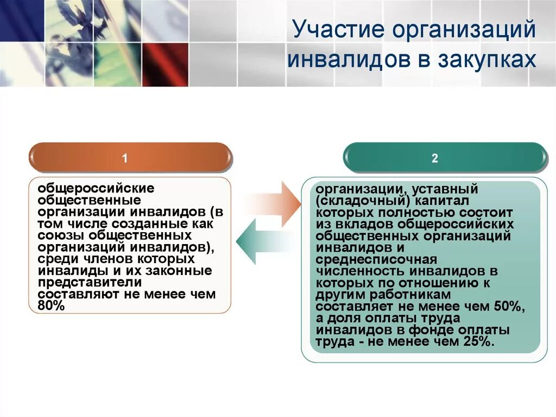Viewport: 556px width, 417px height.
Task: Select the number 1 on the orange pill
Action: click(124, 158)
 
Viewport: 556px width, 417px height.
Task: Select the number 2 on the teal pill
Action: click(435, 158)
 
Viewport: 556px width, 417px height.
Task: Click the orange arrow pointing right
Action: click(274, 204)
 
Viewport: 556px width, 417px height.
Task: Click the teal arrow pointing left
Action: click(264, 241)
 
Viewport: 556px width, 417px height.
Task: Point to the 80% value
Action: click(51, 306)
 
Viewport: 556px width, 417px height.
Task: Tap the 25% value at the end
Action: click(478, 341)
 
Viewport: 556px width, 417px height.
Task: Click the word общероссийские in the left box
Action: click(96, 188)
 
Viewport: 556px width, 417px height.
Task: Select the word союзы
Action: click(61, 235)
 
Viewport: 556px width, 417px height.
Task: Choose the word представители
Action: click(90, 283)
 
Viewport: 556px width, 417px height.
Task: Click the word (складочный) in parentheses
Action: click(362, 201)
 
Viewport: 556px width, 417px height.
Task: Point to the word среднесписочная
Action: click(376, 260)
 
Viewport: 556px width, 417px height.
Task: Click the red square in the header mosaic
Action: click(165, 64)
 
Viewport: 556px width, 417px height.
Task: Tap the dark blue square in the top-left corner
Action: click(21, 21)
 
